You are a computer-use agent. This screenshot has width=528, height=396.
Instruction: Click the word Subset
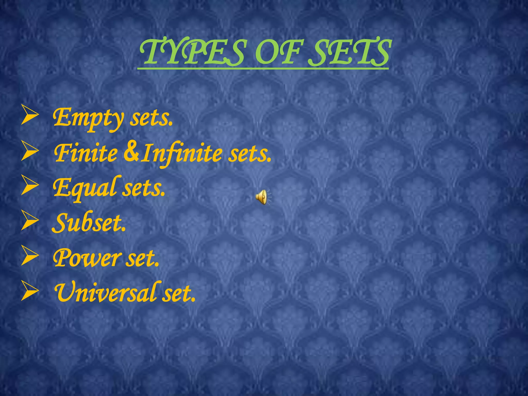(89, 223)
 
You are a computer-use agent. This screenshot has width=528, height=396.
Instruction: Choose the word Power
(86, 258)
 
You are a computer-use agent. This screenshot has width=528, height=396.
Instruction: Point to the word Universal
(104, 293)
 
